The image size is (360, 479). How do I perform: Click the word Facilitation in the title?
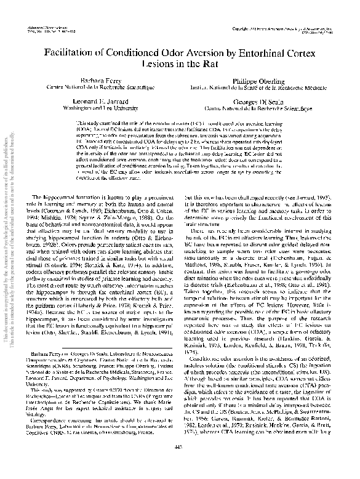pos(68,55)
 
